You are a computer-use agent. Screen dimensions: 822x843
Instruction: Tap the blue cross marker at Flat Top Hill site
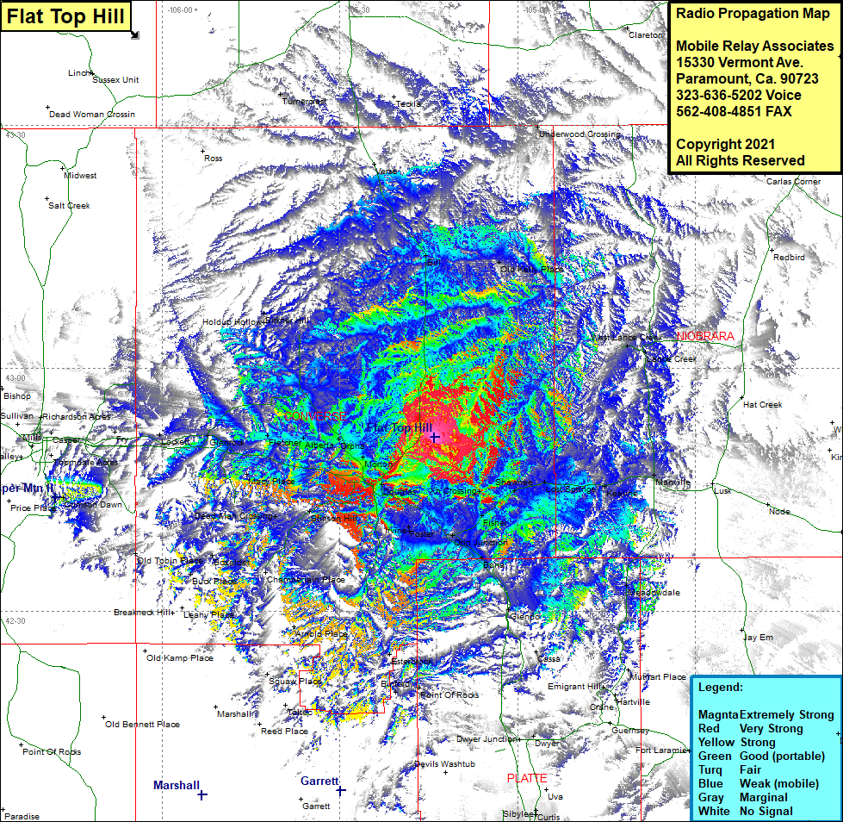coord(435,438)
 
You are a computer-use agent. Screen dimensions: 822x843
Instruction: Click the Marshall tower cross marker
coord(201,794)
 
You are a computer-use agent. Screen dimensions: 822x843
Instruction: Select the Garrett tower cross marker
coord(341,790)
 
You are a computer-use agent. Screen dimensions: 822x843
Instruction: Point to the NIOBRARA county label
coord(705,336)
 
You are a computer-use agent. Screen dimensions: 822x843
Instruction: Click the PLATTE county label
coord(526,778)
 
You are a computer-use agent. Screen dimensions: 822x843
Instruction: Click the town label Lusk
coord(722,490)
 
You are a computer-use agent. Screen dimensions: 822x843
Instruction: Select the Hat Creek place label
coord(762,404)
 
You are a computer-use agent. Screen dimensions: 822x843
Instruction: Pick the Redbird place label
coord(788,257)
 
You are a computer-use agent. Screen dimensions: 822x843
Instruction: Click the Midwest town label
coord(80,175)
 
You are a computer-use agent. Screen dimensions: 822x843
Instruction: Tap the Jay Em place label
coord(759,638)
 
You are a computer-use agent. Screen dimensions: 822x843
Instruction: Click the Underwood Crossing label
coord(579,134)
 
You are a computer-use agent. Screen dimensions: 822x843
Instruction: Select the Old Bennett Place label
coord(142,725)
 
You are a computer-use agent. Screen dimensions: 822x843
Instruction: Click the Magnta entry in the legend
coord(718,715)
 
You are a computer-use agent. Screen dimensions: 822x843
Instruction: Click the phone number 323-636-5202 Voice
coord(739,95)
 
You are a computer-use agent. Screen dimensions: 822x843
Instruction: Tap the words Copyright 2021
coord(725,144)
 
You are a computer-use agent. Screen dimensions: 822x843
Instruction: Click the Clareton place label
coord(646,35)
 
